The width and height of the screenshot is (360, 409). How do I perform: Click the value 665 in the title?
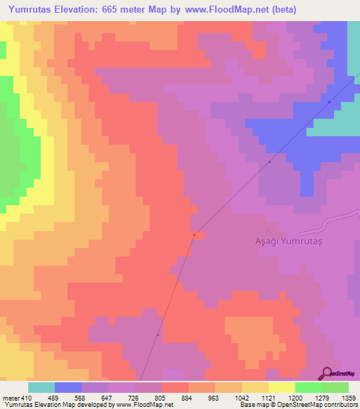pos(127,9)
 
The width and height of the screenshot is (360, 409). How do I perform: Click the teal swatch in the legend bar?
pos(41,387)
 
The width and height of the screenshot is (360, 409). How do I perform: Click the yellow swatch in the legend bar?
pos(282,387)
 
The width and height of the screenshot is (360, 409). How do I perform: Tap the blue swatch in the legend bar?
pos(68,387)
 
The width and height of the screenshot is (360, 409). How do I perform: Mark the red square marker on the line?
pos(194,235)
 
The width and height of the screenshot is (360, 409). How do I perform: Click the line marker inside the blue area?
pos(329,102)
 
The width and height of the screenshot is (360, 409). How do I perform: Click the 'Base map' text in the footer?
pos(254,405)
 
